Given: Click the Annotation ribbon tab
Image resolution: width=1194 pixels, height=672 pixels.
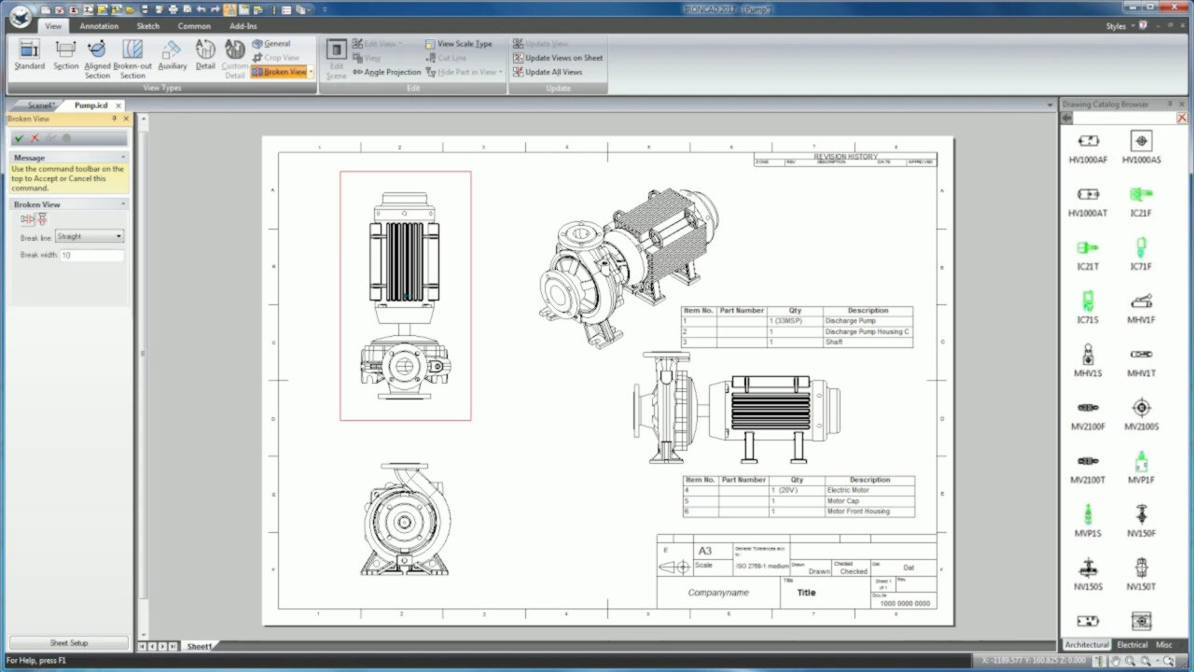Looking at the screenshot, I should (99, 26).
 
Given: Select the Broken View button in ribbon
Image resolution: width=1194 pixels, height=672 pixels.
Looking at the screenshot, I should (279, 72).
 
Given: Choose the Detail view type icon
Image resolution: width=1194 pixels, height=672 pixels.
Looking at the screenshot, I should (205, 55).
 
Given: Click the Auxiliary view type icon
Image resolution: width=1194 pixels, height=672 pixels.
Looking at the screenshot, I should (172, 55).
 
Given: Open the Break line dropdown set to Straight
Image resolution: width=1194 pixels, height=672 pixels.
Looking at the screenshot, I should (90, 237).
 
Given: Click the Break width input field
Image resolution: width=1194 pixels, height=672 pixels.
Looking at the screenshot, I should (91, 255).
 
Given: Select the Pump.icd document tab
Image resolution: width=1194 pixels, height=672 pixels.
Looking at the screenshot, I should (91, 105).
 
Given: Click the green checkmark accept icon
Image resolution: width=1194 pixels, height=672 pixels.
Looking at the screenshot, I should (19, 138).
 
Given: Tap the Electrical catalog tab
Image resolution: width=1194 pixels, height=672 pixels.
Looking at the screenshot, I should (1132, 645).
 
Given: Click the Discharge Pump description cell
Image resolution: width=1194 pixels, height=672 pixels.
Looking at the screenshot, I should (850, 321).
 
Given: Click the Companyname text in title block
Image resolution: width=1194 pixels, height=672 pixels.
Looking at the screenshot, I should (717, 593).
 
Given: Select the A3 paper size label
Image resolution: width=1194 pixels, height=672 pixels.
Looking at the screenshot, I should (705, 551).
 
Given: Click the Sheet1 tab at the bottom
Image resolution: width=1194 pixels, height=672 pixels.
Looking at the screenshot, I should (199, 646).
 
